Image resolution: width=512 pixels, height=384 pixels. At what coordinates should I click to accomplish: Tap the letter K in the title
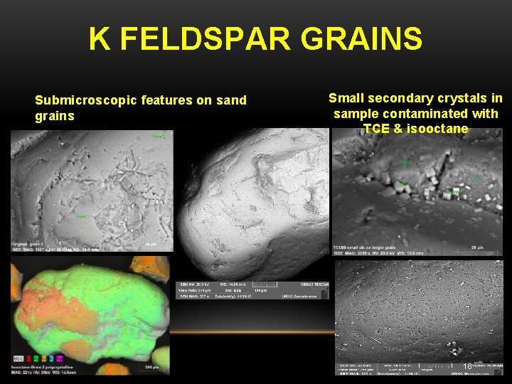pyautogui.click(x=100, y=39)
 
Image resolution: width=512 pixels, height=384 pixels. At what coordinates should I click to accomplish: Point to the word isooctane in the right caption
pyautogui.click(x=439, y=129)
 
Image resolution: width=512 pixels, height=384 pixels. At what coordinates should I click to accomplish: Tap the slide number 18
pyautogui.click(x=467, y=366)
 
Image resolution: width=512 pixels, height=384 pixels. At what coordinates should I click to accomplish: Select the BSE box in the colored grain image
pyautogui.click(x=18, y=358)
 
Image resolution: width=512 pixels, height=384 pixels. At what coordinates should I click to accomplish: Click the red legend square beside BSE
pyautogui.click(x=28, y=358)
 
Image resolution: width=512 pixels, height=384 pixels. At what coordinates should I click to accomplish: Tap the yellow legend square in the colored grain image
pyautogui.click(x=44, y=358)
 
